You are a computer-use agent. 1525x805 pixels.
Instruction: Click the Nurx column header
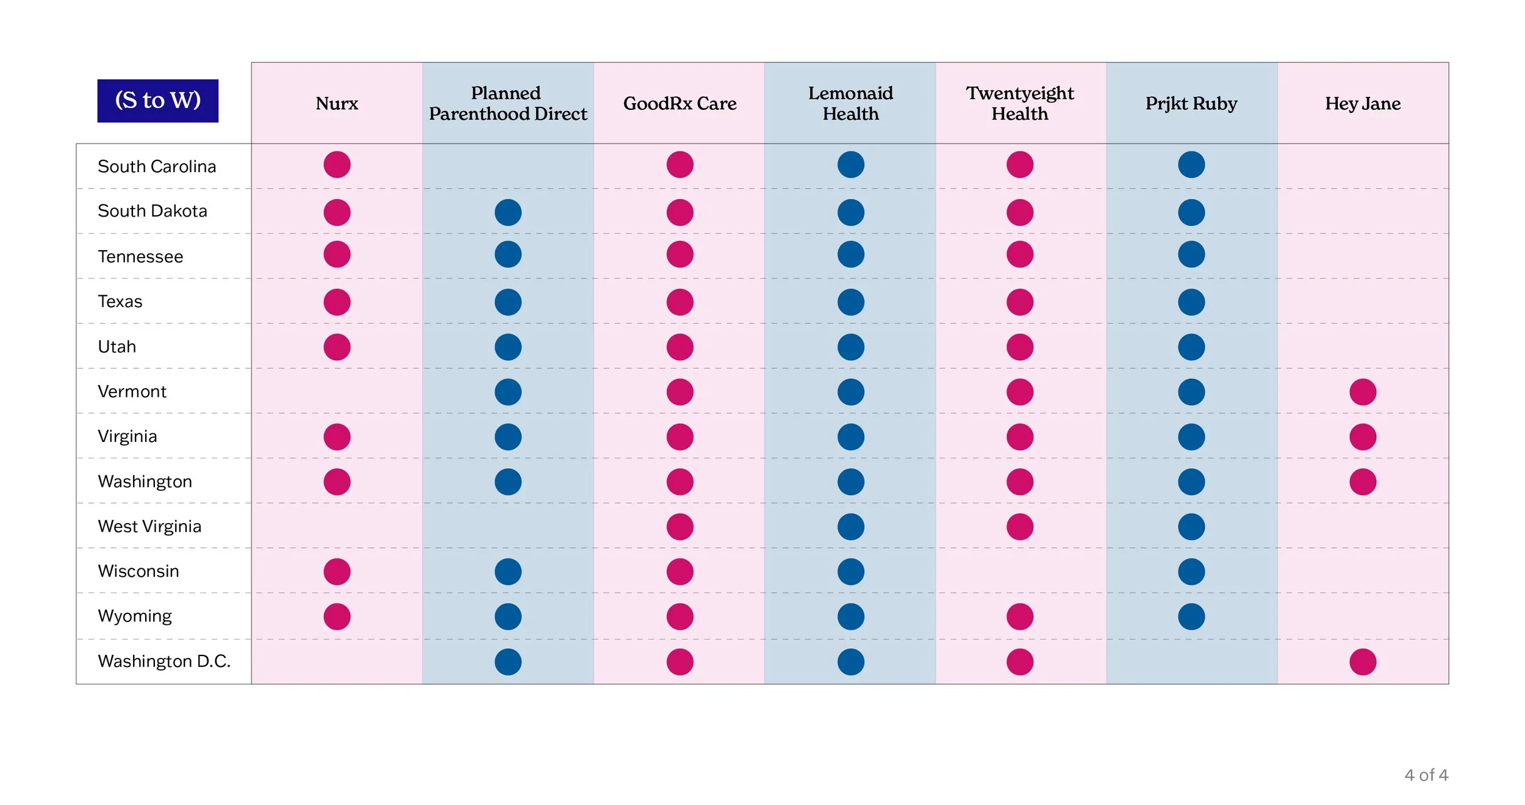(337, 104)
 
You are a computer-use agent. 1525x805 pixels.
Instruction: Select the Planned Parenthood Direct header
(508, 103)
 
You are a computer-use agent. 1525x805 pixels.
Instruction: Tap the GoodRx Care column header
(680, 104)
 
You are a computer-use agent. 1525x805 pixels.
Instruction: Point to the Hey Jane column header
(1363, 104)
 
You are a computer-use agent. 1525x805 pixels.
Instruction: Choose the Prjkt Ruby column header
(1191, 104)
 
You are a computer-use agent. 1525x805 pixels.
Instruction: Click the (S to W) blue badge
(158, 101)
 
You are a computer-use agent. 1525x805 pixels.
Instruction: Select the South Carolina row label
(157, 167)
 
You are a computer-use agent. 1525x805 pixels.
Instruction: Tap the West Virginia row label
(149, 526)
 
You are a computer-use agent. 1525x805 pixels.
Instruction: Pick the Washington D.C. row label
(164, 661)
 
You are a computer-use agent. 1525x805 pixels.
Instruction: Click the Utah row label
(117, 347)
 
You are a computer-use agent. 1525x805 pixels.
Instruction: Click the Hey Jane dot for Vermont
(1363, 392)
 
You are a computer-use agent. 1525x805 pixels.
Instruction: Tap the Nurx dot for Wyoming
(337, 616)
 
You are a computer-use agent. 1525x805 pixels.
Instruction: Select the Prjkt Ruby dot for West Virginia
(1191, 527)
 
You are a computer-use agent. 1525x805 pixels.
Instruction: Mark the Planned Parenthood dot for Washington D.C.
(508, 662)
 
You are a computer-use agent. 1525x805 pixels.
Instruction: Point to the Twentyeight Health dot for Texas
(1020, 302)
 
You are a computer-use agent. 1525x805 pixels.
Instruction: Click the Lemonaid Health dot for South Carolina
(851, 164)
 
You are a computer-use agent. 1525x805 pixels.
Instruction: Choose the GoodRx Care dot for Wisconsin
(680, 572)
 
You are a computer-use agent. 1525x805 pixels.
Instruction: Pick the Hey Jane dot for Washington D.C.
(1363, 662)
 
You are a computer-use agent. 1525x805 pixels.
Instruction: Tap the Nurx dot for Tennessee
(337, 254)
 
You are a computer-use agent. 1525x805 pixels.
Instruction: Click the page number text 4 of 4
(1426, 775)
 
